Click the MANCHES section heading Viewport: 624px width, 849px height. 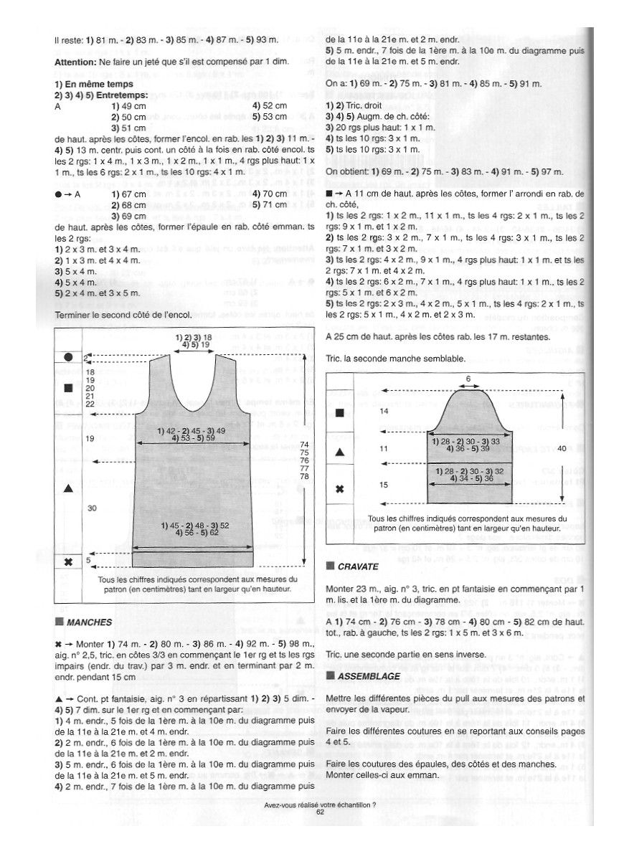[x=89, y=622]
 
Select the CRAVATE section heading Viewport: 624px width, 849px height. [x=358, y=566]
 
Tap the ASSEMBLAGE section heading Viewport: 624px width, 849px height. [x=364, y=675]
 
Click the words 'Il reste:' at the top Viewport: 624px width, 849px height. [x=68, y=40]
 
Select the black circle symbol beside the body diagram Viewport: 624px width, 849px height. [x=68, y=356]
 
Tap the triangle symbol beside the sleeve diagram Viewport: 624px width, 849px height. [x=340, y=452]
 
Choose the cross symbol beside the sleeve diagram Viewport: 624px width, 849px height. [x=340, y=489]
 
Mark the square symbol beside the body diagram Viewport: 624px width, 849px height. [x=68, y=388]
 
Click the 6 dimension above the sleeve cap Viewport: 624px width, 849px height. [x=468, y=378]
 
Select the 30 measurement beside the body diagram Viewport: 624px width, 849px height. [x=92, y=508]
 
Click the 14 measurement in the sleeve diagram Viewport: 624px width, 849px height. [x=383, y=411]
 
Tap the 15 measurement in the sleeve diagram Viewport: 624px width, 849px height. [x=383, y=485]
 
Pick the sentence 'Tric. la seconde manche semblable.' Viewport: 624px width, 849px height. [x=395, y=358]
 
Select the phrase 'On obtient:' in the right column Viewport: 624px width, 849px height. [x=347, y=171]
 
